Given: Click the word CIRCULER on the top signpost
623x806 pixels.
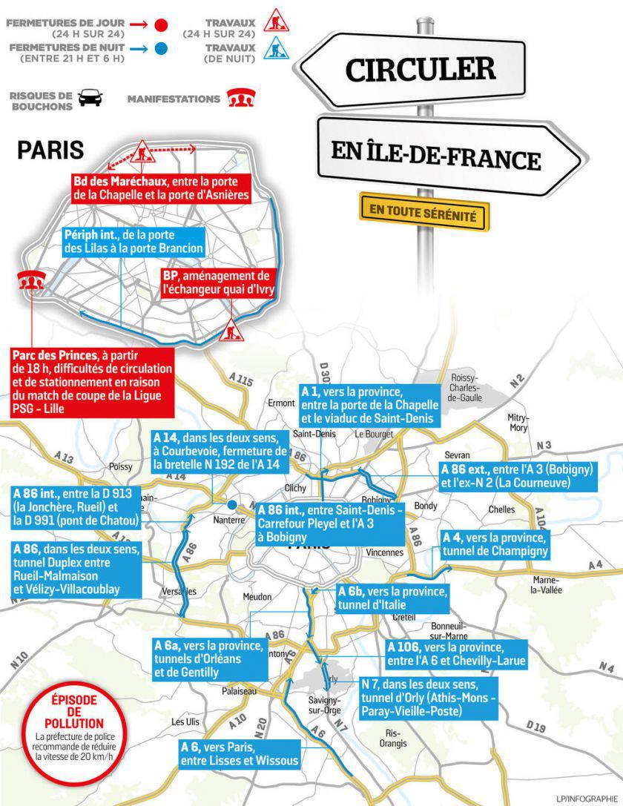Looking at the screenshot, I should click(x=420, y=70).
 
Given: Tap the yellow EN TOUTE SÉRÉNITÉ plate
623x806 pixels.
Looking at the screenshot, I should click(x=423, y=211).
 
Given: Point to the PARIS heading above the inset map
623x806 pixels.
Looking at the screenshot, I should click(x=50, y=149).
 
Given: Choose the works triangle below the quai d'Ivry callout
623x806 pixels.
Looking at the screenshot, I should click(x=231, y=325).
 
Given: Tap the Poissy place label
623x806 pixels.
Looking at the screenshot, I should click(x=120, y=466).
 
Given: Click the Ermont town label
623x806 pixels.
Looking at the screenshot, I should click(x=281, y=403).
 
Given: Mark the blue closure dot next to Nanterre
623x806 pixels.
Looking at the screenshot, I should click(x=232, y=505).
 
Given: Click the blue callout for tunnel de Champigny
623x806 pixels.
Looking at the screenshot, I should click(x=495, y=544).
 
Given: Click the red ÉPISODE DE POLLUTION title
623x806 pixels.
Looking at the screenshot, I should click(x=73, y=710).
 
